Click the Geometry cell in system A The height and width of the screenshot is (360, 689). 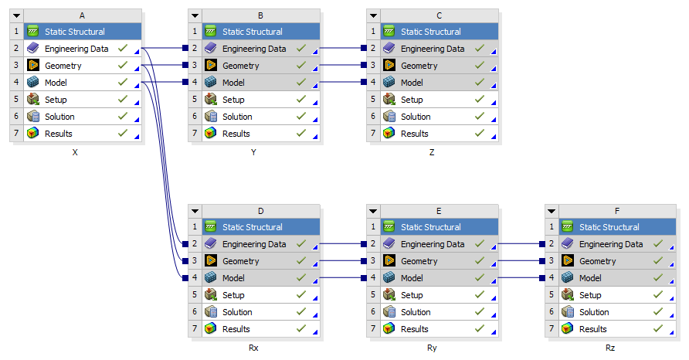point(83,66)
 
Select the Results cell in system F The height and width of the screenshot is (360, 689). point(617,329)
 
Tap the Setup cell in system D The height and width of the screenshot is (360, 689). point(261,295)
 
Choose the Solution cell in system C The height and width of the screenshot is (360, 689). point(440,117)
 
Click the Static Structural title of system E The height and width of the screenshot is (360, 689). point(431,227)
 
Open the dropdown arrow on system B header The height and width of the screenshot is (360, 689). point(195,15)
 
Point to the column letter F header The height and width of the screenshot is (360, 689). point(617,211)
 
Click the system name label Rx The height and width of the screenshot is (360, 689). point(253,348)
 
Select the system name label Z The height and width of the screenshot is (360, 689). point(432,152)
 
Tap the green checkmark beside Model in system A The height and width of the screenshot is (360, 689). point(123,82)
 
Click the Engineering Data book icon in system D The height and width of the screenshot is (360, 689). point(210,243)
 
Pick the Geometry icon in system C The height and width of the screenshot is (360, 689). point(389,66)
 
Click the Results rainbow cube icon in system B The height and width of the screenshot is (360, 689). point(210,133)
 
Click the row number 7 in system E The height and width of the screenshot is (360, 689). point(373,329)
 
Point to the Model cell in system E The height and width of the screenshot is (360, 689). point(440,278)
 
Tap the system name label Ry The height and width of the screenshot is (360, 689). point(432,348)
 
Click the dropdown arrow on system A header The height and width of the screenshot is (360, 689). point(17,15)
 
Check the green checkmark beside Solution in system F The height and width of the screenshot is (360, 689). point(658,311)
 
